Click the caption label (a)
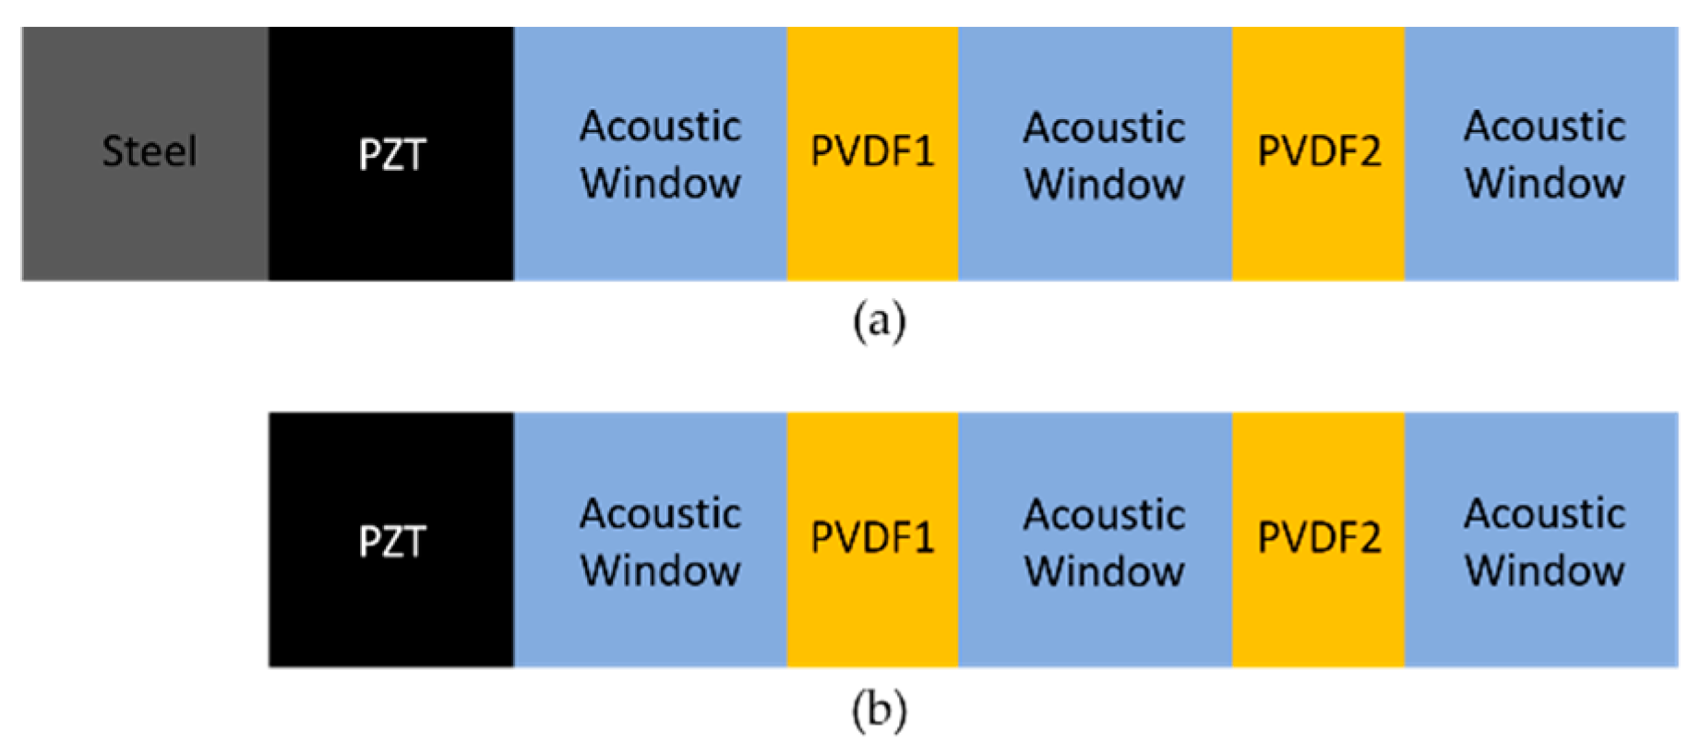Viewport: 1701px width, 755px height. (879, 322)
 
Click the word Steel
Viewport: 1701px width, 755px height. (149, 151)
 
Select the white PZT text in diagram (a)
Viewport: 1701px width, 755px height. (391, 154)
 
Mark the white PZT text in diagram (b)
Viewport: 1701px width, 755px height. (391, 542)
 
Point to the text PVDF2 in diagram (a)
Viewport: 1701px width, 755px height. (1319, 151)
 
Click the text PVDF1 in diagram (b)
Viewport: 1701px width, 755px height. (872, 538)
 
